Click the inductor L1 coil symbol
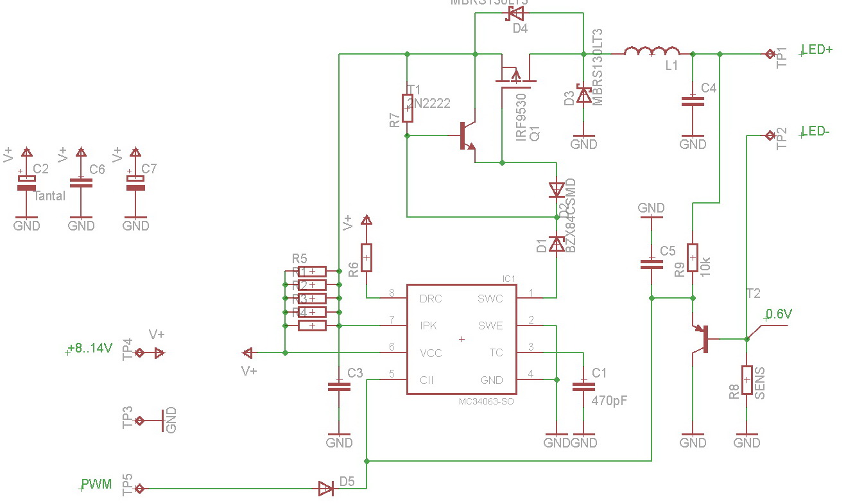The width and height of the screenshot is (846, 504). click(x=652, y=51)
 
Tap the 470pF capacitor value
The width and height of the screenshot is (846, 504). click(x=609, y=401)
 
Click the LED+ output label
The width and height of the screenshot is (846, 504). click(x=817, y=49)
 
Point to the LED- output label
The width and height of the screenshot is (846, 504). click(x=816, y=132)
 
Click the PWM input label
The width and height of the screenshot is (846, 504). click(x=96, y=484)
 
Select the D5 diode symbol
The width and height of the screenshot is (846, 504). click(x=326, y=489)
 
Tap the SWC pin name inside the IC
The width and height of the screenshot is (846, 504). click(x=490, y=299)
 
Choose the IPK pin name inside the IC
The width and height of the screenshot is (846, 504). click(x=428, y=326)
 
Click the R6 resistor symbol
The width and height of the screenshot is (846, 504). click(x=367, y=258)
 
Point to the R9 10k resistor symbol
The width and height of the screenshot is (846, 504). click(x=693, y=258)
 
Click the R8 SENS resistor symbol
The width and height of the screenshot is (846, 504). click(x=747, y=380)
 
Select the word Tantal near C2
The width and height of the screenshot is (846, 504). click(x=49, y=196)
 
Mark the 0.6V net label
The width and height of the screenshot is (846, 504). click(x=779, y=315)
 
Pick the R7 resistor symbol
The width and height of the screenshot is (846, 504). click(x=407, y=108)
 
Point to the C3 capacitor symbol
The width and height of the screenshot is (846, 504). click(x=339, y=386)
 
